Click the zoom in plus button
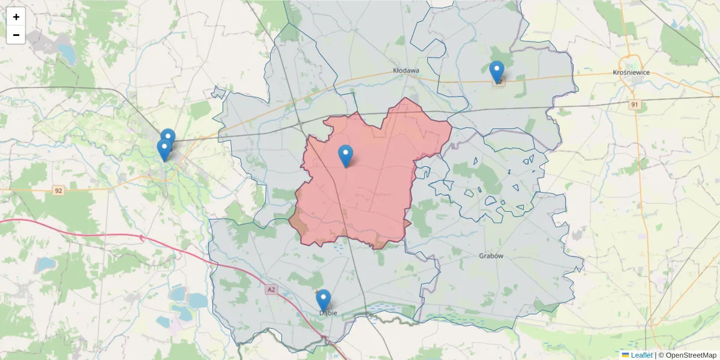click(16, 17)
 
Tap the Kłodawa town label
click(406, 71)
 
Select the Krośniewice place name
click(631, 73)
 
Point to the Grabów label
click(491, 256)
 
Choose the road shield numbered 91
click(634, 105)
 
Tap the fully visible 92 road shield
click(58, 191)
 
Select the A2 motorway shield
click(272, 290)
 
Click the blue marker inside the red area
click(346, 155)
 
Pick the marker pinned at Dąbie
click(323, 299)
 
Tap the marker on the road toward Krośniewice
click(497, 71)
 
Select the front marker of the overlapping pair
click(163, 149)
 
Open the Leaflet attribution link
click(641, 355)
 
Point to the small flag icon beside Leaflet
click(625, 355)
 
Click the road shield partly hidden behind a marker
click(499, 82)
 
